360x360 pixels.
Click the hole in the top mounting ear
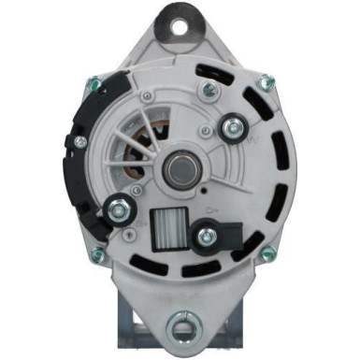[179, 21]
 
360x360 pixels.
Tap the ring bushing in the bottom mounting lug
[179, 330]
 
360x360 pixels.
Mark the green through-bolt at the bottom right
[268, 254]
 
